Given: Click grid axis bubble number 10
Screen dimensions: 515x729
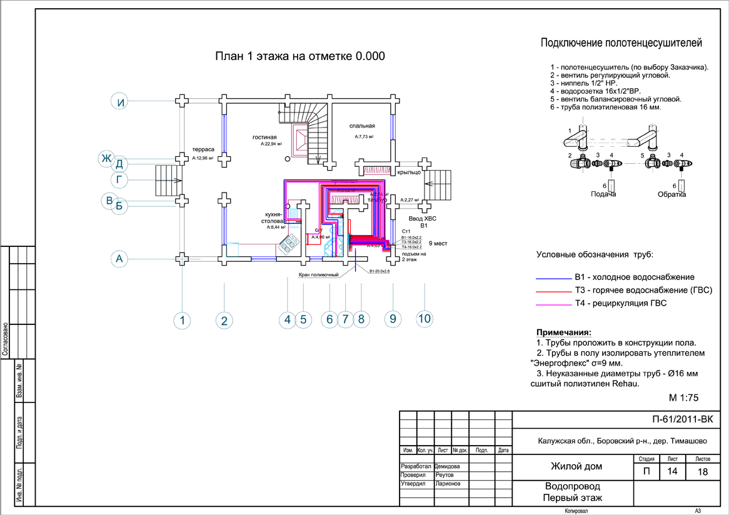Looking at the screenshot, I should [x=425, y=319].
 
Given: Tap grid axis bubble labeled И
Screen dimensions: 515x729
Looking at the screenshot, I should [x=121, y=101].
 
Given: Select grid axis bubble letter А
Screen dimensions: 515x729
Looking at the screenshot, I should [x=121, y=257].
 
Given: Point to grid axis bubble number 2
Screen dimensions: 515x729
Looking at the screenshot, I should [x=224, y=321].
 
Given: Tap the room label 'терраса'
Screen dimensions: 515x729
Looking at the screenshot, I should [x=203, y=150].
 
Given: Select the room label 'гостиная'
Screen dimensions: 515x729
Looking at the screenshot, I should [x=264, y=136].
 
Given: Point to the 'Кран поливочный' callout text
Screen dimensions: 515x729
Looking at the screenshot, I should [x=314, y=274].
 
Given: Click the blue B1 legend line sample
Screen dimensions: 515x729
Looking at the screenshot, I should [x=553, y=276].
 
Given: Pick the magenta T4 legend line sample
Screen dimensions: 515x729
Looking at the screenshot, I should [x=553, y=304].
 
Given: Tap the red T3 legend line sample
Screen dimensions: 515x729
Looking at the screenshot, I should [x=553, y=290].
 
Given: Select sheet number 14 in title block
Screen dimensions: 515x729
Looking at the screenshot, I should [x=672, y=472].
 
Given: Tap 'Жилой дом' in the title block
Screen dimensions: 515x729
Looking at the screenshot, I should [x=572, y=466].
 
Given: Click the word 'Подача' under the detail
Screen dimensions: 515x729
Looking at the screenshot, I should [x=604, y=194].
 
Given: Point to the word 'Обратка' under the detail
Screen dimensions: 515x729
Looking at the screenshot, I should [x=671, y=194].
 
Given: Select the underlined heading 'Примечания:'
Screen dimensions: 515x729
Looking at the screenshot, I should [x=563, y=332].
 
